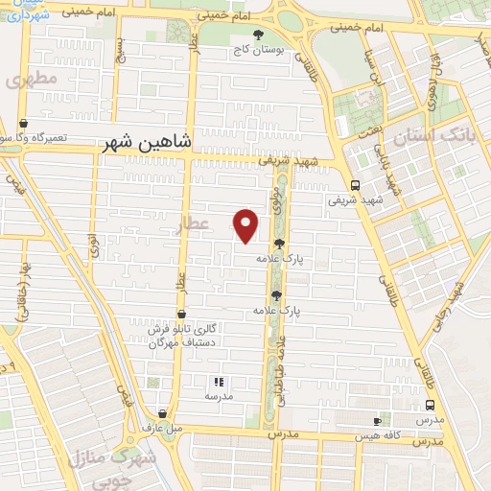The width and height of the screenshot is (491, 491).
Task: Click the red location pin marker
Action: tap(246, 224)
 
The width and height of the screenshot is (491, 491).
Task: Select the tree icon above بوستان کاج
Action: tap(256, 35)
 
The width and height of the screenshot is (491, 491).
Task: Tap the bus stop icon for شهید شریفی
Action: tap(355, 186)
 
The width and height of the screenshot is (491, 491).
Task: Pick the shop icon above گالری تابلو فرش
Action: tap(181, 313)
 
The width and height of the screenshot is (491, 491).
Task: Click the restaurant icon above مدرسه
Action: tap(216, 381)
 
